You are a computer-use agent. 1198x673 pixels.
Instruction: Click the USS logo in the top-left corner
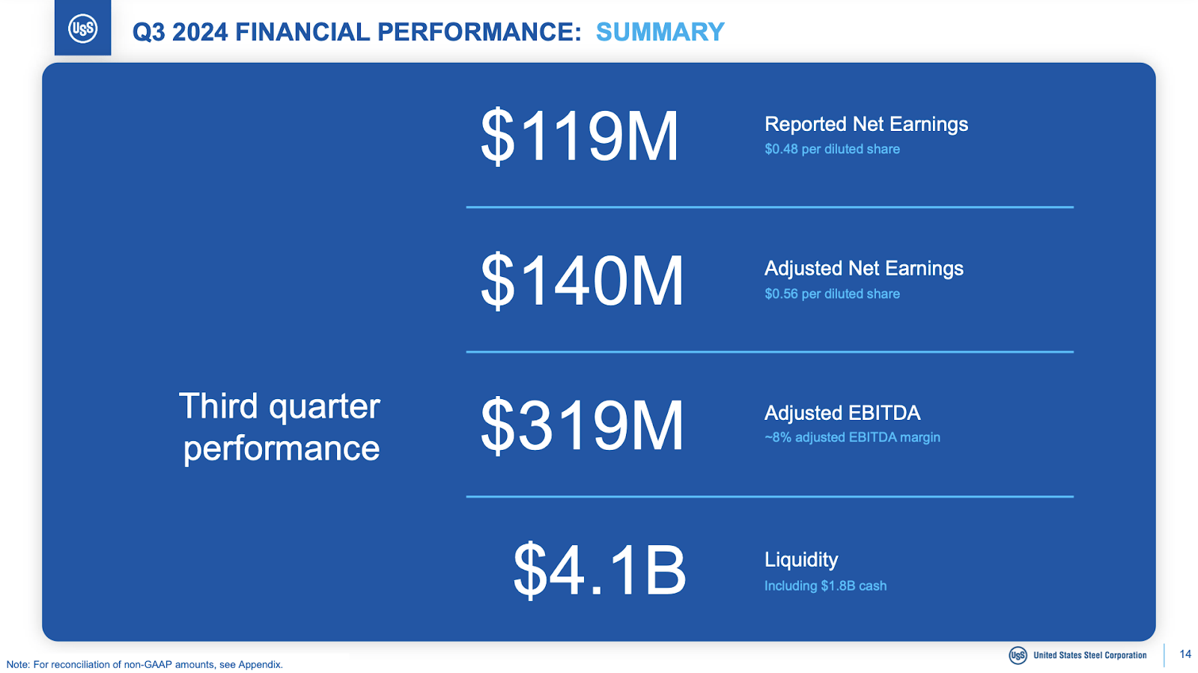point(82,28)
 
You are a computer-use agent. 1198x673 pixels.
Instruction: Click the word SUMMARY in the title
point(660,32)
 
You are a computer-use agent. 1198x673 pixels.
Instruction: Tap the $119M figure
point(579,136)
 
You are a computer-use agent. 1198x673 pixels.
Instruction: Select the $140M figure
point(582,281)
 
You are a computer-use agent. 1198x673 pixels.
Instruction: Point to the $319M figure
point(582,425)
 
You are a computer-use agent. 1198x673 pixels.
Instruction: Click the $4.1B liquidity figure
point(599,570)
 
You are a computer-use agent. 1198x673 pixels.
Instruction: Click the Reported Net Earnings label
point(866,124)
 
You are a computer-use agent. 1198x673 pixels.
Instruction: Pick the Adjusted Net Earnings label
point(863,269)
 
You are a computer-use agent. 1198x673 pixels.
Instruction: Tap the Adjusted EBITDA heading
point(842,413)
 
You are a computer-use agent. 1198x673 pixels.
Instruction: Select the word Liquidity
point(800,560)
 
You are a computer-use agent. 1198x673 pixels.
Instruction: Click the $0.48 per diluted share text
point(831,149)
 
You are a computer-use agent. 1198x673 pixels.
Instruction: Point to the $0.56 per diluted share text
point(831,294)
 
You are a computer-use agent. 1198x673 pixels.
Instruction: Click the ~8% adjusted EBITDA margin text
point(851,437)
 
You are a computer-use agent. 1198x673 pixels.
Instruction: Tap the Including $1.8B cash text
point(824,586)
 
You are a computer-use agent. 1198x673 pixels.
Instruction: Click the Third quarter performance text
point(280,427)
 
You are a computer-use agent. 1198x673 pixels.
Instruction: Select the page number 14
point(1185,654)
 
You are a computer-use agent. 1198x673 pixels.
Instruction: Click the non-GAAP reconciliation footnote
point(145,664)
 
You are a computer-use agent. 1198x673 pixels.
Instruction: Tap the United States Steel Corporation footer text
point(1089,655)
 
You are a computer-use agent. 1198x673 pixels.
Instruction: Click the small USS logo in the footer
point(1018,655)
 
